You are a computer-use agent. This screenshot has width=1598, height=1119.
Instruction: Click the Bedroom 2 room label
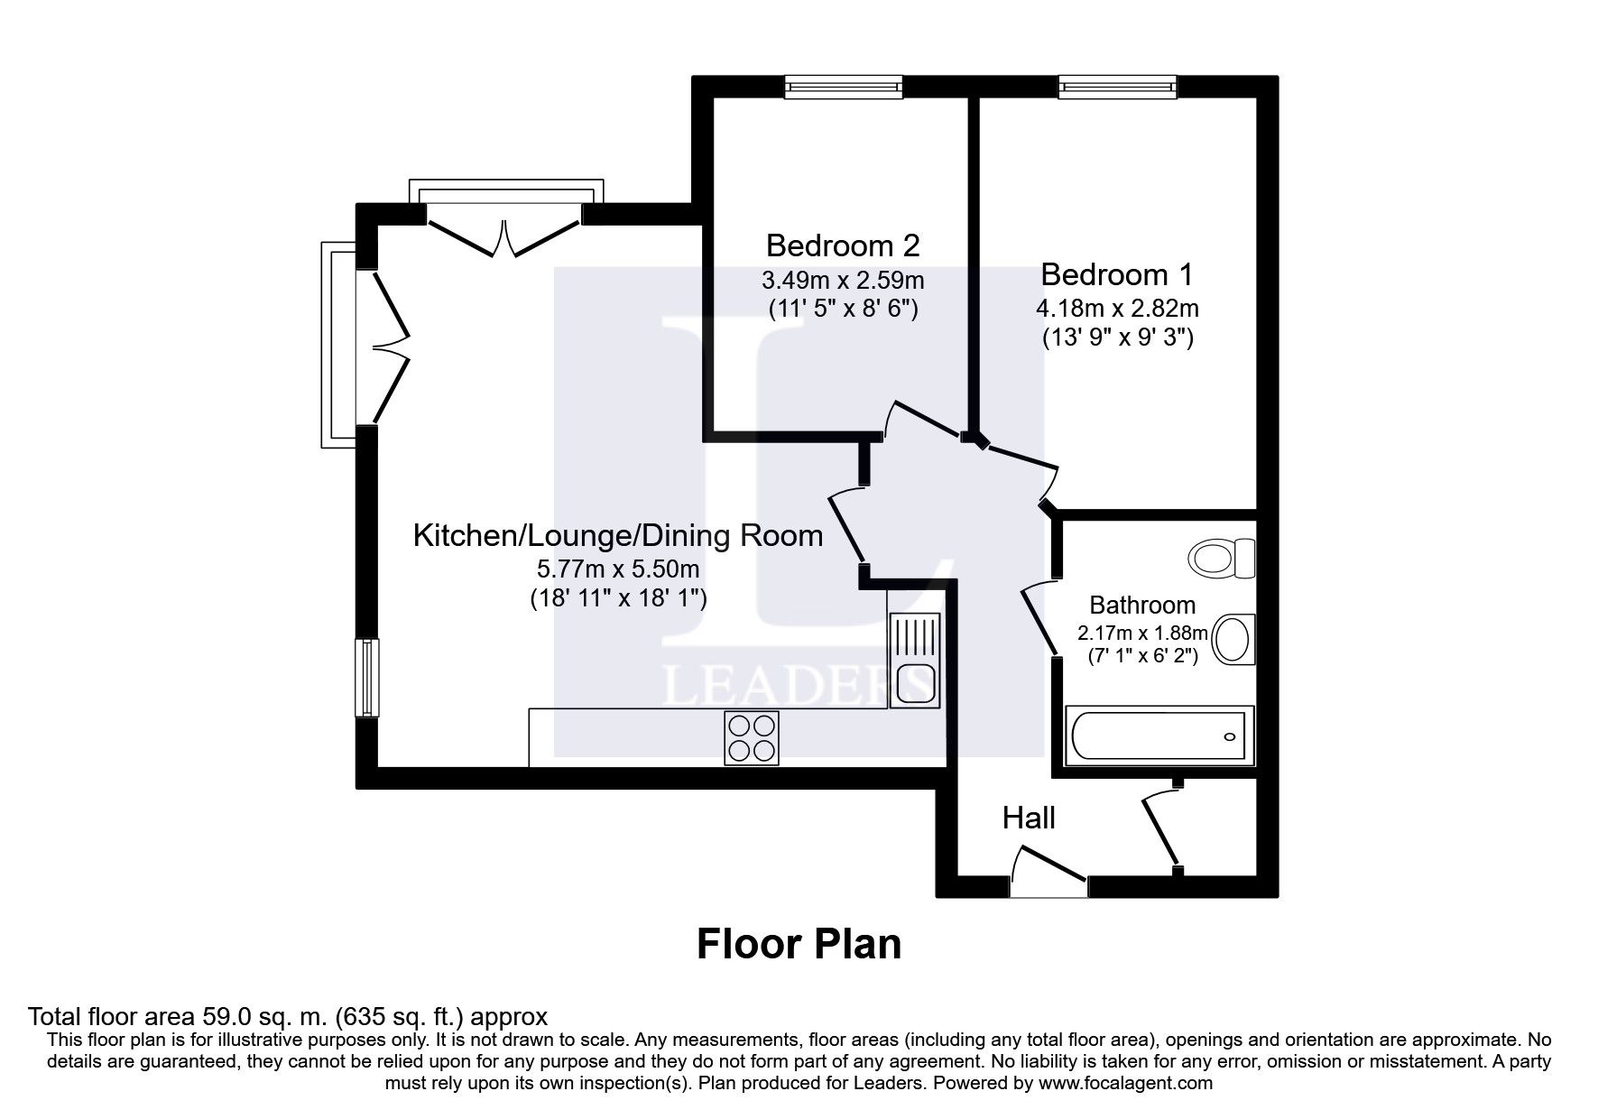click(842, 245)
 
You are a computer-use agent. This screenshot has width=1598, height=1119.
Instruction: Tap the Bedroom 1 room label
click(1116, 273)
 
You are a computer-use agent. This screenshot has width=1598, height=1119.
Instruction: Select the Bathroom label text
click(1141, 605)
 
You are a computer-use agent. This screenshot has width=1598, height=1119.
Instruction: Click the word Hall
click(1029, 818)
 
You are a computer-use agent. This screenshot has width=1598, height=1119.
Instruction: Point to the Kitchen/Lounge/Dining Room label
click(617, 536)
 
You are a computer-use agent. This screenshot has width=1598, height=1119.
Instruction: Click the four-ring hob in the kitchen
click(751, 738)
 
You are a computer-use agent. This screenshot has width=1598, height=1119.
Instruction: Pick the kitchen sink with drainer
click(914, 660)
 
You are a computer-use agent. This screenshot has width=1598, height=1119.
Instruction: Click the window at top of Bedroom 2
click(843, 86)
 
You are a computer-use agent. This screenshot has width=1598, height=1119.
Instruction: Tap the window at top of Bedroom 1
click(1118, 86)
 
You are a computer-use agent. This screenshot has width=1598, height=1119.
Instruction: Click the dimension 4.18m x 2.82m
click(1116, 309)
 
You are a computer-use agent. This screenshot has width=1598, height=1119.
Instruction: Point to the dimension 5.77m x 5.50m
click(617, 569)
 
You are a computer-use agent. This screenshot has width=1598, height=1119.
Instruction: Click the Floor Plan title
click(799, 944)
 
